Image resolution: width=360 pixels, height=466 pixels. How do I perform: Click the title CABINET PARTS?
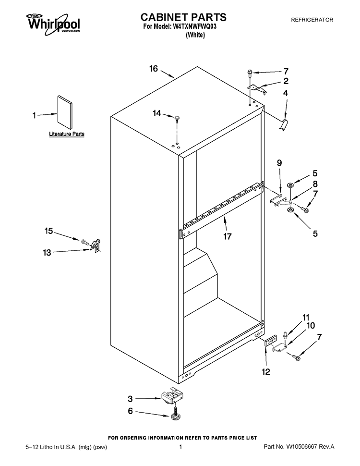[x=183, y=17]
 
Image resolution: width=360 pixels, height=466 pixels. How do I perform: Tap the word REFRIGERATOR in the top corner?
[x=312, y=20]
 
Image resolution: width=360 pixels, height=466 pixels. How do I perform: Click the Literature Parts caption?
[x=67, y=134]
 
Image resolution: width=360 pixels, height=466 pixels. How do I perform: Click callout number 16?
[x=154, y=69]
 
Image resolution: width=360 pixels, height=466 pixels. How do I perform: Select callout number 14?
[x=157, y=113]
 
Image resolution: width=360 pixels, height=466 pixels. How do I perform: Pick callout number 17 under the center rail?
[x=227, y=236]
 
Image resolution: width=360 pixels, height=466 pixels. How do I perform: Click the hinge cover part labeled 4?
[x=285, y=124]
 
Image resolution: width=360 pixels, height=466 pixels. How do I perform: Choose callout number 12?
[x=266, y=371]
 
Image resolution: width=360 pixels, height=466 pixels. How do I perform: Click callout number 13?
[x=47, y=253]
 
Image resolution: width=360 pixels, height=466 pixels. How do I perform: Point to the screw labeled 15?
[x=84, y=241]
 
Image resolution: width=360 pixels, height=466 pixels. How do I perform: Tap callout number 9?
[x=279, y=163]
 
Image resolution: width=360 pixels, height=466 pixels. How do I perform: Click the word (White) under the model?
[x=195, y=35]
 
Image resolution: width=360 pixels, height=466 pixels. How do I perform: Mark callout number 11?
[x=306, y=318]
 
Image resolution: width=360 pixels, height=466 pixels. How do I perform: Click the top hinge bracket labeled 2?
[x=257, y=89]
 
